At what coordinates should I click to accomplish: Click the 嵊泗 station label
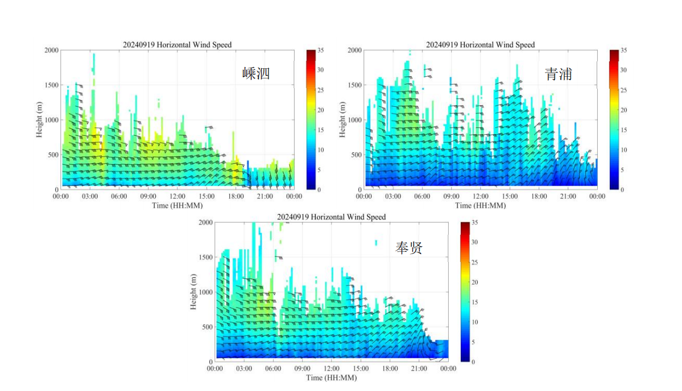[x=255, y=73]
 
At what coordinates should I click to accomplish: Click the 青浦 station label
[x=558, y=74]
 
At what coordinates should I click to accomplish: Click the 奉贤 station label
[x=409, y=248]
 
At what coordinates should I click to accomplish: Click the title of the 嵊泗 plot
[x=177, y=45]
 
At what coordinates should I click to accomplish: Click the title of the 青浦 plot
[x=480, y=45]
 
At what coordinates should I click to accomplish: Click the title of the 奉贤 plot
[x=331, y=217]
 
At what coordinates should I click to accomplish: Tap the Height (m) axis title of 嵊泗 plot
[x=40, y=119]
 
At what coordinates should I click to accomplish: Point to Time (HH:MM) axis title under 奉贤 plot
[x=331, y=377]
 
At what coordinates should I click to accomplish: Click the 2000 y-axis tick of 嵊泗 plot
[x=51, y=50]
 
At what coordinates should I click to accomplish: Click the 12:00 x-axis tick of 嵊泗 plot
[x=177, y=197]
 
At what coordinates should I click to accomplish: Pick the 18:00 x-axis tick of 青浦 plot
[x=539, y=197]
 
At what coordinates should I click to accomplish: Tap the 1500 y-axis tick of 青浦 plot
[x=354, y=85]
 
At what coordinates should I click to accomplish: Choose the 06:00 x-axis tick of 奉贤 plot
[x=273, y=369]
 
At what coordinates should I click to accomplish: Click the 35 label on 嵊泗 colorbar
[x=321, y=50]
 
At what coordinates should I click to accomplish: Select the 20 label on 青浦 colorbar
[x=623, y=110]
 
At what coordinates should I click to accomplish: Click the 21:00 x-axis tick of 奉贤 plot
[x=419, y=369]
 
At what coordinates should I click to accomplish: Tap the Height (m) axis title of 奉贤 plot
[x=194, y=292]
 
